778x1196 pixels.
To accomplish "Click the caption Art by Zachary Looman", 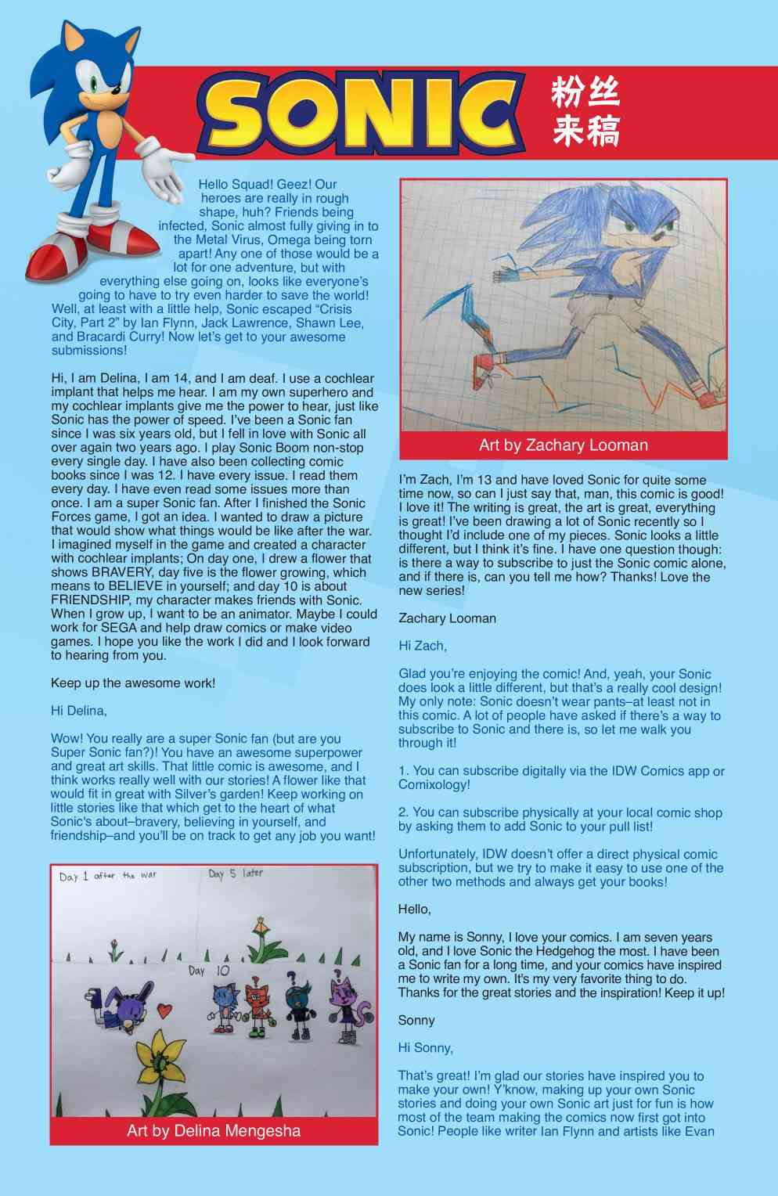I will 563,445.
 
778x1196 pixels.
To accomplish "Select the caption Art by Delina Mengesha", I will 214,1130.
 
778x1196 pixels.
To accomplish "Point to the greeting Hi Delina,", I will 79,711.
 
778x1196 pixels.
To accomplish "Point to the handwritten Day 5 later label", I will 236,874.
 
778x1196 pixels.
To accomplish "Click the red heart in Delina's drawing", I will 164,1010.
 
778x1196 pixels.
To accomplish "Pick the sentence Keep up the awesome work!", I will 133,683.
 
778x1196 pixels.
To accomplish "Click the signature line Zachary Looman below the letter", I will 447,618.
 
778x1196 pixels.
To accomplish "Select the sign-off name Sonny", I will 416,1020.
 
